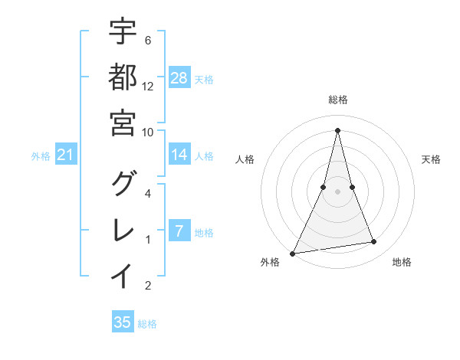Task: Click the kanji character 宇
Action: [x=123, y=32]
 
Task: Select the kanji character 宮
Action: [x=123, y=123]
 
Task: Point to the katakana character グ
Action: [x=123, y=185]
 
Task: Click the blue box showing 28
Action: [x=179, y=78]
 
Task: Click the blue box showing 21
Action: [x=66, y=155]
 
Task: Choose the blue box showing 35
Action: [x=123, y=322]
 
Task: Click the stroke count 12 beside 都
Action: [x=148, y=86]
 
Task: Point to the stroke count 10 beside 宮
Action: [x=148, y=131]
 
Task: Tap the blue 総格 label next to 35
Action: [x=147, y=324]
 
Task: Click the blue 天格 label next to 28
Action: [x=204, y=79]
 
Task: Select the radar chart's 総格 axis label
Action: [x=337, y=100]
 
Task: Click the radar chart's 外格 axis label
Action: [x=270, y=263]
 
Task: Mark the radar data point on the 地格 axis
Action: [x=374, y=242]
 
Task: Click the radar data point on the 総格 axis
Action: [x=337, y=130]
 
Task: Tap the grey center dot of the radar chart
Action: [x=337, y=191]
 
